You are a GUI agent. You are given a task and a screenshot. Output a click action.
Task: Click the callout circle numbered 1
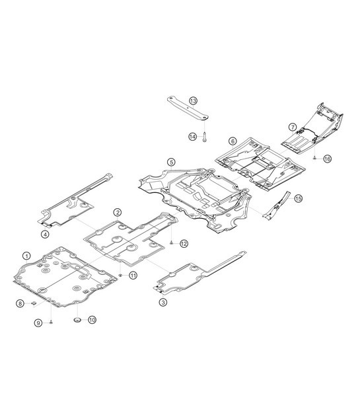point(26,256)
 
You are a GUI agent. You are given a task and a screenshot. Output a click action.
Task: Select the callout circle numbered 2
point(118,212)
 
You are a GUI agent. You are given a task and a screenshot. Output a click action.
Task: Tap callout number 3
point(163,302)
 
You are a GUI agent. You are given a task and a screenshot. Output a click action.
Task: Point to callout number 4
point(45,234)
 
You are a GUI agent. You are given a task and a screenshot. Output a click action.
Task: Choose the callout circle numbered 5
point(171,162)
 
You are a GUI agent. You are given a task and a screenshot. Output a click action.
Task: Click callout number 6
point(233,141)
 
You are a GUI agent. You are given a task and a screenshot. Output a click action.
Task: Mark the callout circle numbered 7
point(292,127)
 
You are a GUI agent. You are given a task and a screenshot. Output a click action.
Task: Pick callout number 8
point(20,303)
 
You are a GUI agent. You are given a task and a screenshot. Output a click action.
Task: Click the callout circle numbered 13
point(193,101)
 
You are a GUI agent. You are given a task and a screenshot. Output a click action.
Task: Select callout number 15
point(298,198)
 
